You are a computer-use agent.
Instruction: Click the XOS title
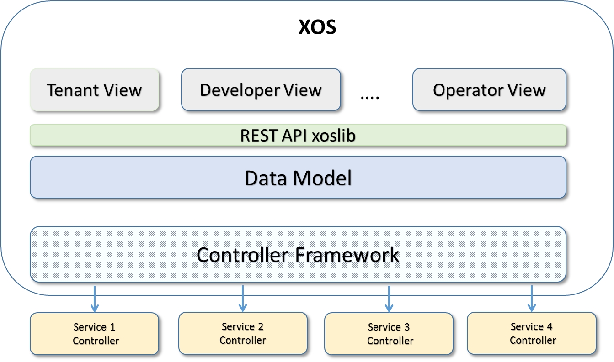(317, 27)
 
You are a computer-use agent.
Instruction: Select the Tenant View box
(95, 90)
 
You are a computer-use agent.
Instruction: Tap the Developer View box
(261, 89)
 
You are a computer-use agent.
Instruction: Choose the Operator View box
(489, 89)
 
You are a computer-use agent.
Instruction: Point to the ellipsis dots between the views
(370, 97)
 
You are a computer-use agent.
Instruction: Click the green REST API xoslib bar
(298, 135)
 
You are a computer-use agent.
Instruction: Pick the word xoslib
(334, 135)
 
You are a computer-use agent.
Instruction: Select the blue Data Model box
(298, 177)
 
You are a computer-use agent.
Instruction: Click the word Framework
(347, 255)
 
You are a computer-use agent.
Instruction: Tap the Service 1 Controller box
(94, 334)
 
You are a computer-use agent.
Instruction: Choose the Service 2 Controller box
(243, 333)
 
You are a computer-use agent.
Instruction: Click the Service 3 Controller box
(389, 334)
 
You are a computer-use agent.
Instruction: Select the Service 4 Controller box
(532, 333)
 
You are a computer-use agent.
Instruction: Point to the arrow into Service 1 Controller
(95, 299)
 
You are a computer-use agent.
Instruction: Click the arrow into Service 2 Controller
(243, 299)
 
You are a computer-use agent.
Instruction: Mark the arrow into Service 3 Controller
(389, 299)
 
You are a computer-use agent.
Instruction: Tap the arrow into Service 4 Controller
(532, 299)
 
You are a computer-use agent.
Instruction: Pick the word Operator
(468, 90)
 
